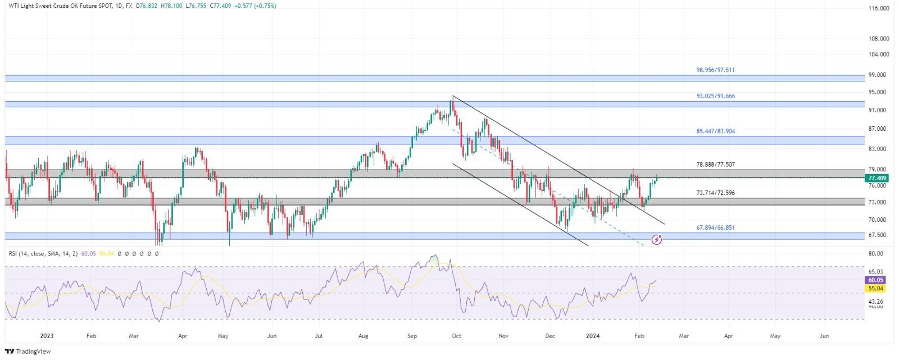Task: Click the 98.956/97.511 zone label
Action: [x=715, y=70]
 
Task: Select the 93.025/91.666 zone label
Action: [x=715, y=96]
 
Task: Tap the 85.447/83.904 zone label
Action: [x=715, y=131]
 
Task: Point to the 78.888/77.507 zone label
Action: [x=715, y=165]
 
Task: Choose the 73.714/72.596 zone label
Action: [x=715, y=193]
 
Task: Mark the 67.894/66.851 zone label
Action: [x=715, y=228]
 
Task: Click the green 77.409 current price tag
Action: [x=877, y=178]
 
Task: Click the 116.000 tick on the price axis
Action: [x=878, y=9]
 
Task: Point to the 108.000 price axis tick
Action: [x=878, y=39]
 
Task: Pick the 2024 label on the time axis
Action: [x=593, y=336]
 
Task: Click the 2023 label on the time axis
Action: [x=47, y=336]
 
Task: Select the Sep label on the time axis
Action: [x=412, y=336]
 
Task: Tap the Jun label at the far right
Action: [x=824, y=336]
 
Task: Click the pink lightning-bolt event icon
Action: [x=657, y=240]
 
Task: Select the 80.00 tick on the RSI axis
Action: [x=876, y=254]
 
